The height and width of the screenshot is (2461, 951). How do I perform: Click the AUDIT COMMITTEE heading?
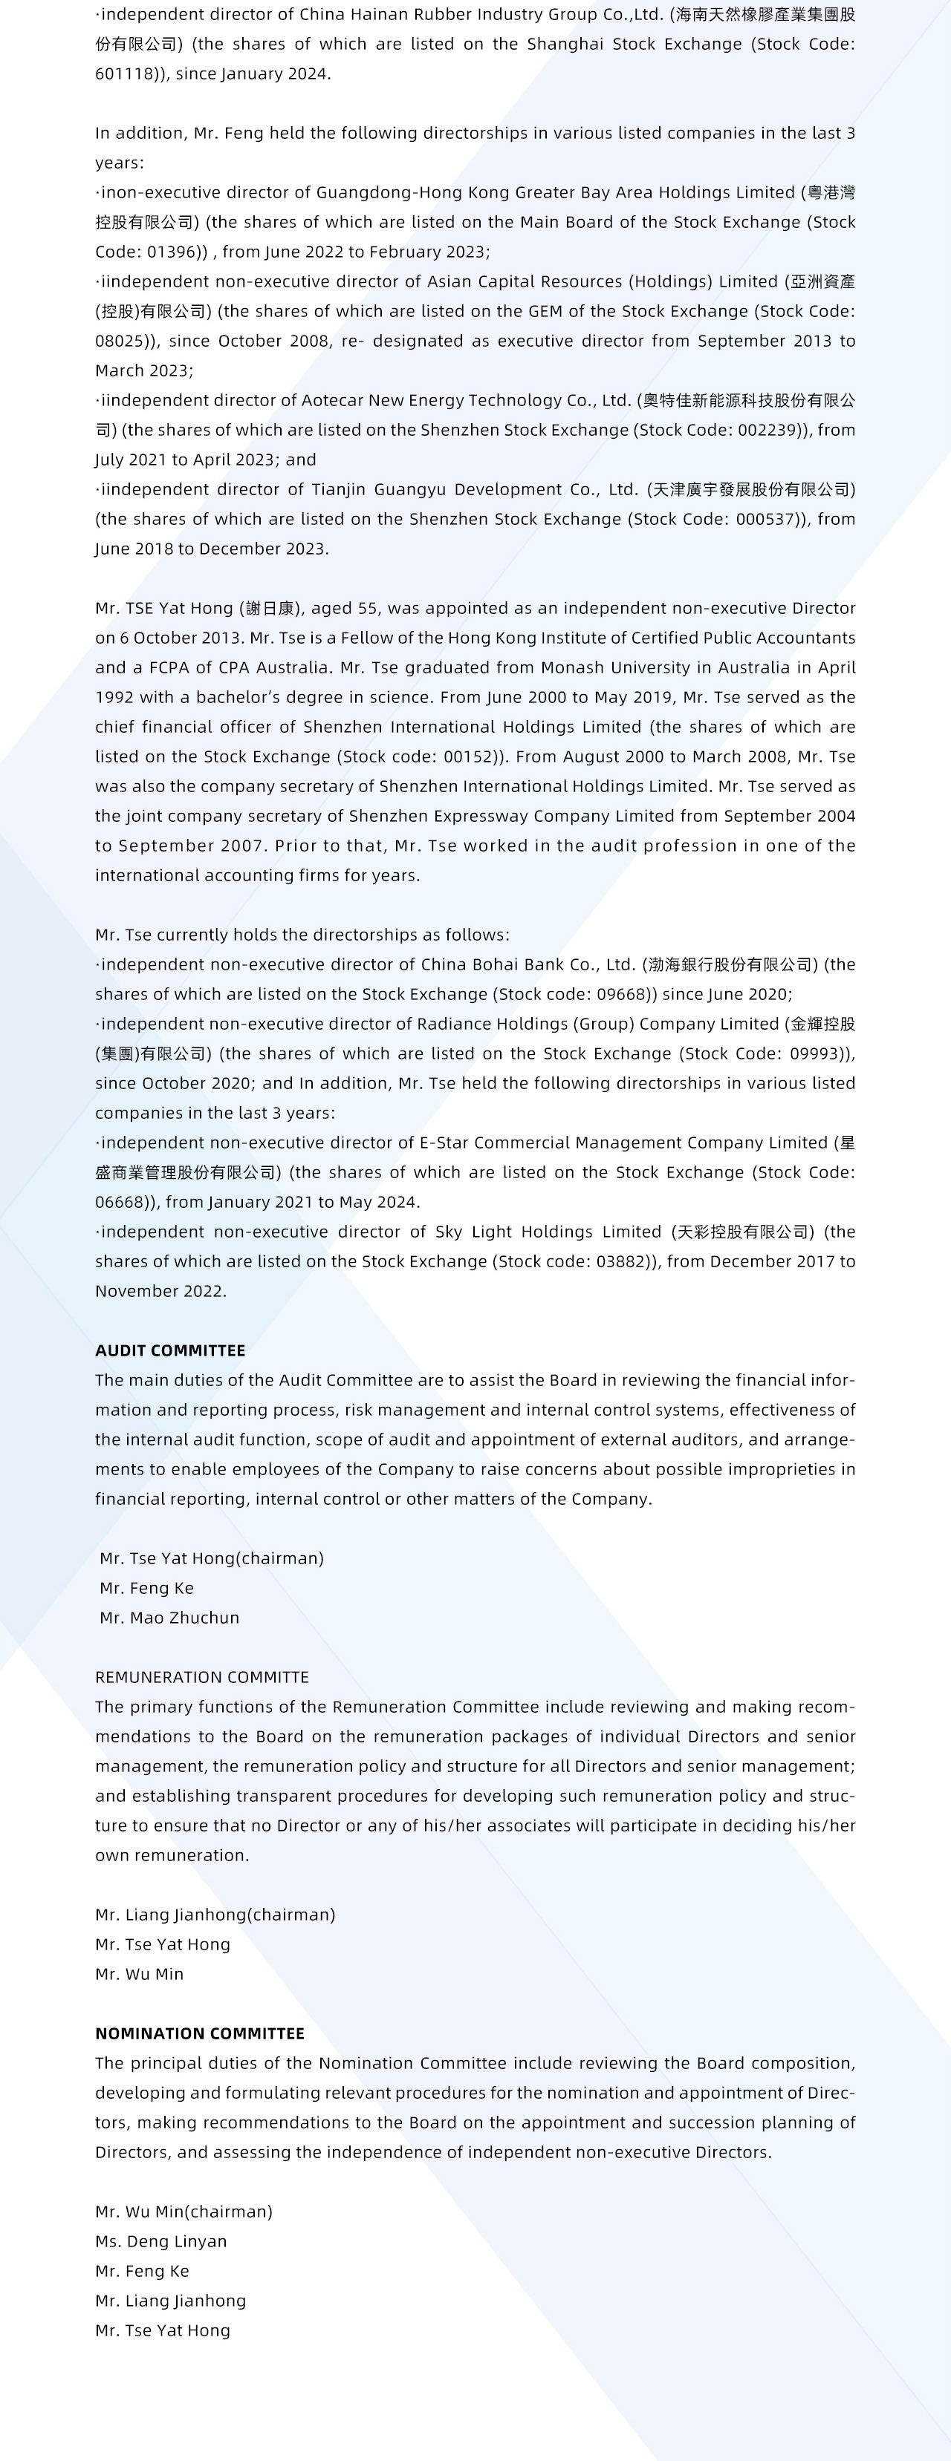tap(170, 1350)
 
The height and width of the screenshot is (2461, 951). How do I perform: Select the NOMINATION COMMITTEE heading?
tap(200, 2033)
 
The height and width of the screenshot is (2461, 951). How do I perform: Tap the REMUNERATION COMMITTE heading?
tap(201, 1676)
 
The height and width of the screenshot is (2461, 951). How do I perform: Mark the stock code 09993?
tap(811, 1053)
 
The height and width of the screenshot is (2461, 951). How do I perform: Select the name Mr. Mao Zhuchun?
tap(169, 1618)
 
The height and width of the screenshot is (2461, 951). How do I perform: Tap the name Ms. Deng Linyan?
tap(160, 2241)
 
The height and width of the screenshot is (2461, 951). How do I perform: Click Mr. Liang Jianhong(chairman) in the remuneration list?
tap(215, 1914)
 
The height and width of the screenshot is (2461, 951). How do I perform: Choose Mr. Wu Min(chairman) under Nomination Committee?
tap(184, 2211)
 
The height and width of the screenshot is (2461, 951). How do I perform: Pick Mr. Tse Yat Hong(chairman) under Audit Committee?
tap(211, 1558)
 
